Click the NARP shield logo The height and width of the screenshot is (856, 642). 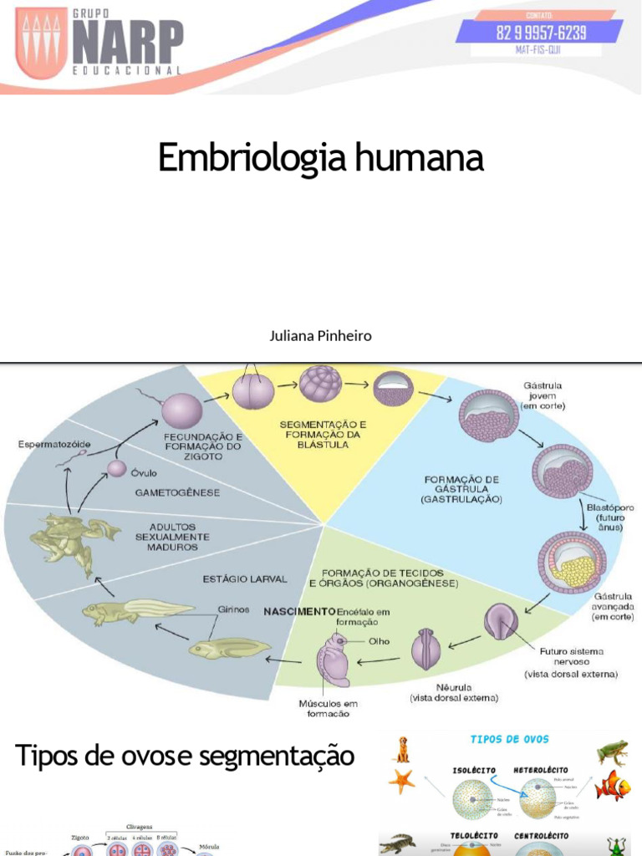[x=42, y=44]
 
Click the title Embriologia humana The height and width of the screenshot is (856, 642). [x=321, y=157]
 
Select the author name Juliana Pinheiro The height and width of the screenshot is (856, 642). [x=320, y=336]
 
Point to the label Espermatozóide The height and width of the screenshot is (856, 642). [x=55, y=444]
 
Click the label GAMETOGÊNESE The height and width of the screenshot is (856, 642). [x=177, y=492]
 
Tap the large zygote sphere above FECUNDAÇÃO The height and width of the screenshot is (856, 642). [x=181, y=410]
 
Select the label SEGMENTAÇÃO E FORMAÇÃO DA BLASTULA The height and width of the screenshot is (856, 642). [x=322, y=435]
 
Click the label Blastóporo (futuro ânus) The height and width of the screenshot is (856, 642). [x=609, y=517]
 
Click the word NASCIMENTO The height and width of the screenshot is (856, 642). [x=299, y=611]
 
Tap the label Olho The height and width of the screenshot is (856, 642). [x=380, y=641]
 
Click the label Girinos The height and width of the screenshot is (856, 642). [x=234, y=609]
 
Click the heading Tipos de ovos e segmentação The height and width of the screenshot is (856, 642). [x=185, y=757]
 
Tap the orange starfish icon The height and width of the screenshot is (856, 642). [x=401, y=782]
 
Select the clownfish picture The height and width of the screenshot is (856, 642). [x=613, y=786]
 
